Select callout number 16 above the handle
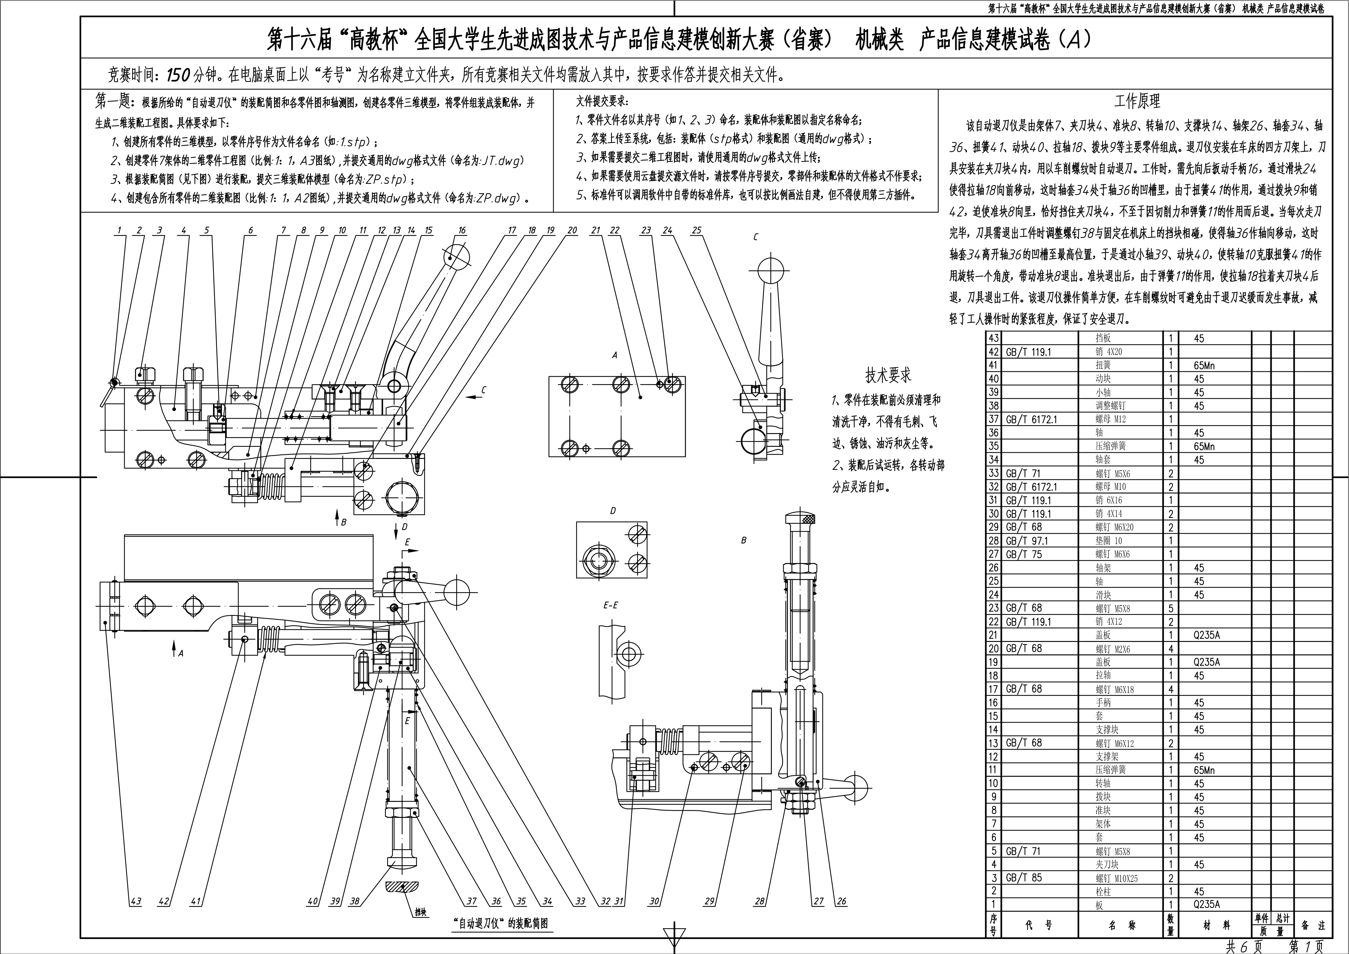(462, 230)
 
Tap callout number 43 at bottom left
(136, 901)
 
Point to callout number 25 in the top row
(696, 230)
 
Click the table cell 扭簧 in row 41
(1103, 365)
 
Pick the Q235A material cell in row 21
(1207, 635)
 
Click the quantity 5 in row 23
(1171, 608)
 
